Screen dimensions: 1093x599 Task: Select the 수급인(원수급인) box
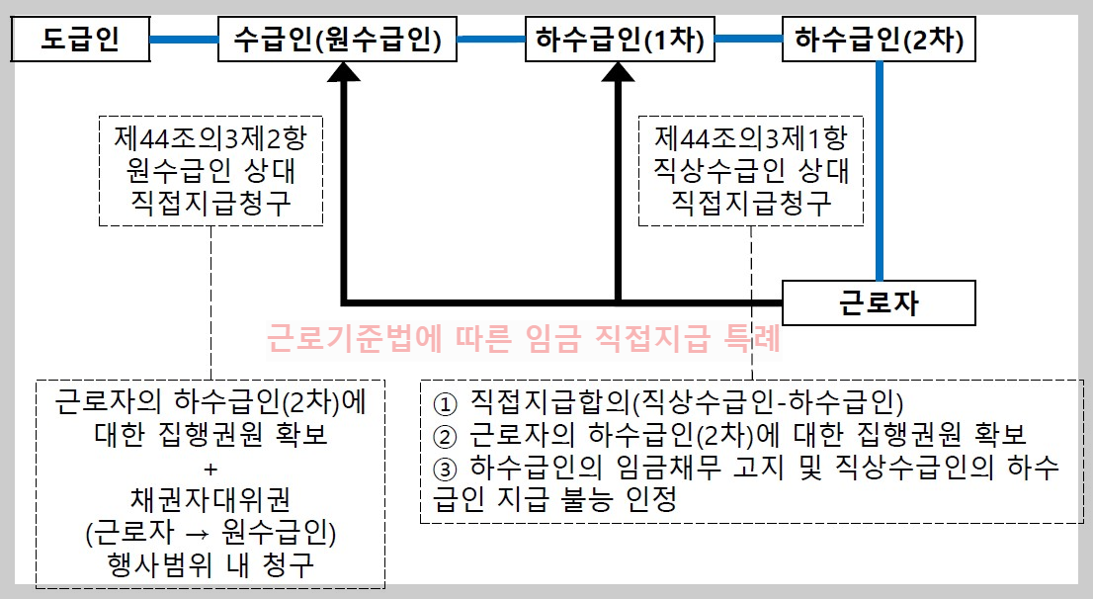pyautogui.click(x=337, y=41)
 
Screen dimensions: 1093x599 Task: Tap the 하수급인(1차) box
pyautogui.click(x=619, y=41)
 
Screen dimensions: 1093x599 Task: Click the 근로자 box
pyautogui.click(x=879, y=302)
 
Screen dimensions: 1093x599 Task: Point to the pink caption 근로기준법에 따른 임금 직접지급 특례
pyautogui.click(x=524, y=340)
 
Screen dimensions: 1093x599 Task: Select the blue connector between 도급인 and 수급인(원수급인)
pyautogui.click(x=183, y=41)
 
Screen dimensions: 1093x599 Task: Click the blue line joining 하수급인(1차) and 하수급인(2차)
pyautogui.click(x=748, y=41)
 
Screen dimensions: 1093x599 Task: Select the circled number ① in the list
pyautogui.click(x=447, y=403)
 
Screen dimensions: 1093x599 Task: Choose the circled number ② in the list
pyautogui.click(x=447, y=435)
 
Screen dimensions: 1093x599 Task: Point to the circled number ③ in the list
pyautogui.click(x=447, y=467)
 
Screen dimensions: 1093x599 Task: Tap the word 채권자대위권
pyautogui.click(x=210, y=498)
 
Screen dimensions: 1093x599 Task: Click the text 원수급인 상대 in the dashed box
pyautogui.click(x=210, y=171)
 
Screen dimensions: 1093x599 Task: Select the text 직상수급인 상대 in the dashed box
pyautogui.click(x=750, y=171)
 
